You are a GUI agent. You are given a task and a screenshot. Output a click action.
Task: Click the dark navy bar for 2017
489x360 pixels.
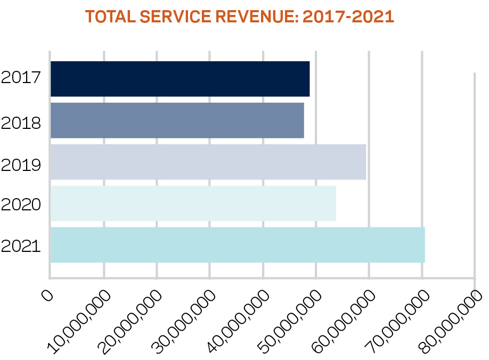pos(180,79)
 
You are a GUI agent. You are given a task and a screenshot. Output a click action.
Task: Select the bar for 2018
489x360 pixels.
pos(177,120)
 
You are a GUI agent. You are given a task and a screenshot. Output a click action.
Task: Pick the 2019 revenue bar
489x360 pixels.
pos(208,162)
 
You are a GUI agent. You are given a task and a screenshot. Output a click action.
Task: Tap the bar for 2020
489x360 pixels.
pos(193,203)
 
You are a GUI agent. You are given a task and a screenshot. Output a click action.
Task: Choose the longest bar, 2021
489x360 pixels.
pos(238,245)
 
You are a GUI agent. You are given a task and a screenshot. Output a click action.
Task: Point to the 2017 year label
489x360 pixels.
pos(21,78)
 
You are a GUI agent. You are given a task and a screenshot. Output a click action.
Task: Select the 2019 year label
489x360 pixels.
pos(21,165)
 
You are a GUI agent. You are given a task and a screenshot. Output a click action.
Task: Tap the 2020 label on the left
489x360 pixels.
pos(21,204)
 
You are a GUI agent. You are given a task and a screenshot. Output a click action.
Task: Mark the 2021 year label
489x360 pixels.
pos(21,247)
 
